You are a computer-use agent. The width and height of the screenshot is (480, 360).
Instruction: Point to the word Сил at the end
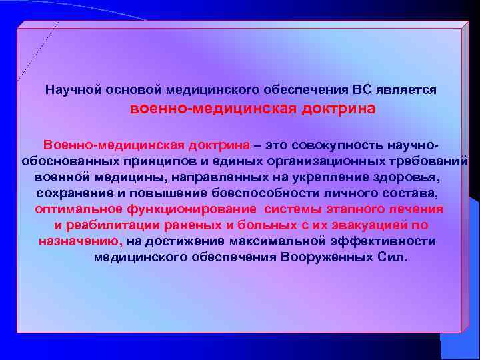(391, 257)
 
